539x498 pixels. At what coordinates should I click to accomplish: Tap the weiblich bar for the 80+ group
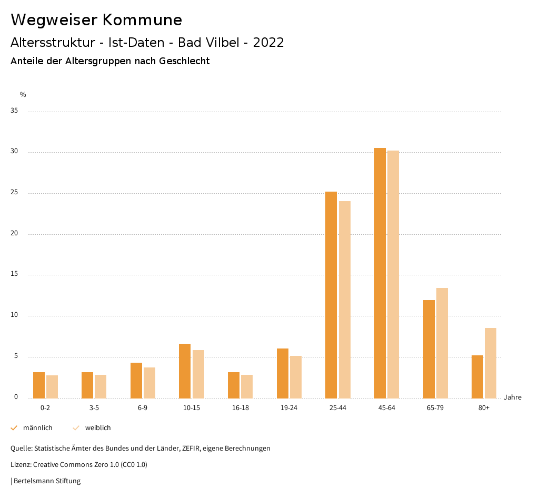491,363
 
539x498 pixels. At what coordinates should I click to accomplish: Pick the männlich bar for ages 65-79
429,348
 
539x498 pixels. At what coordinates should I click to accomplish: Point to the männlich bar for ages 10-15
185,371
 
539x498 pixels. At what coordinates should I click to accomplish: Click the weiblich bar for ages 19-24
296,377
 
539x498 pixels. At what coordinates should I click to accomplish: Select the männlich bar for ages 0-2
39,385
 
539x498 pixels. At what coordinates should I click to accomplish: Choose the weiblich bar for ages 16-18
247,386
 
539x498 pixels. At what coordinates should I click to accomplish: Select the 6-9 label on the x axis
143,409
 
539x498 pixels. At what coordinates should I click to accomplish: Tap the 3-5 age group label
94,409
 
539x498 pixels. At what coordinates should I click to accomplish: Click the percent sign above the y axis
23,95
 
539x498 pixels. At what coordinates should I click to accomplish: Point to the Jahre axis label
512,397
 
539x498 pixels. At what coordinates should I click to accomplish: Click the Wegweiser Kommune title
96,20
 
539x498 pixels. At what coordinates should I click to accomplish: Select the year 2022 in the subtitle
268,43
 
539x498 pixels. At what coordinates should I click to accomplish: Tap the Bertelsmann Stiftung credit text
47,481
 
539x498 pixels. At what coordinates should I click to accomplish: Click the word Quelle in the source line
21,449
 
